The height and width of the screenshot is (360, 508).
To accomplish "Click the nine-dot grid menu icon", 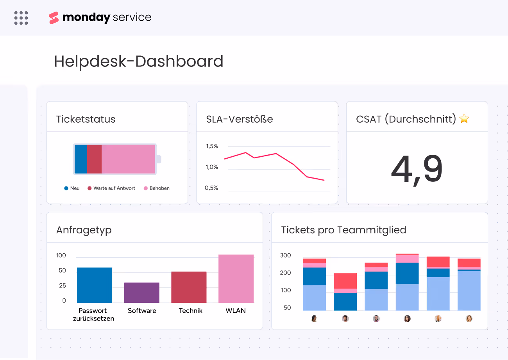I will click(x=21, y=18).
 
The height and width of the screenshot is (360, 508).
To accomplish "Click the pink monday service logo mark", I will click(x=54, y=18).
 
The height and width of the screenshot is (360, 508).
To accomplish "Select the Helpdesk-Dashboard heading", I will click(x=139, y=61).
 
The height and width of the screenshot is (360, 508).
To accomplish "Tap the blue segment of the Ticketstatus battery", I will click(x=81, y=159).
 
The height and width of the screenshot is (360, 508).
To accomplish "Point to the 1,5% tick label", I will click(x=212, y=147).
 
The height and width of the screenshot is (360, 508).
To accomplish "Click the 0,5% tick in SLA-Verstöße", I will click(x=211, y=188).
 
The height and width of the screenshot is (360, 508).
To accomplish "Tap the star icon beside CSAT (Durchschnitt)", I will click(x=464, y=119).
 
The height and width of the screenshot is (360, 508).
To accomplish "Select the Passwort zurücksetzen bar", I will click(x=95, y=285).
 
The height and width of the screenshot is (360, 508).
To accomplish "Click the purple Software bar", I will click(x=141, y=292).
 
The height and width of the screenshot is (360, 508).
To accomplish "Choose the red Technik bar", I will click(x=189, y=287).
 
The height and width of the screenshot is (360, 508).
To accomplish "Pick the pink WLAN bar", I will click(x=236, y=278).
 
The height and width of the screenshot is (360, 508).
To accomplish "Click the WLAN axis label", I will click(x=236, y=311).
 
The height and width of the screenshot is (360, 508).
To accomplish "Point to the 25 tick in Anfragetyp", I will click(x=62, y=286).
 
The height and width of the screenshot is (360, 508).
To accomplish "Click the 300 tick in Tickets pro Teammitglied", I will click(x=286, y=256).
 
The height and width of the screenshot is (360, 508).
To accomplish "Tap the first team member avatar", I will click(x=314, y=319).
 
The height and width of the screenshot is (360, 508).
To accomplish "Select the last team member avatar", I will click(x=469, y=319).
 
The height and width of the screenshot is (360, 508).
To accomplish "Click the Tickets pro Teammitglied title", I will click(x=343, y=230).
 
